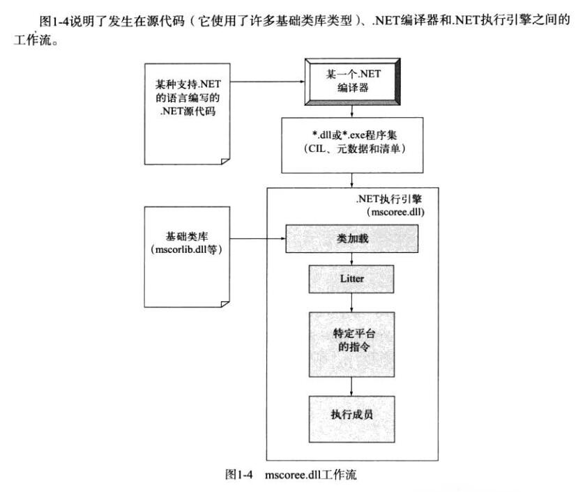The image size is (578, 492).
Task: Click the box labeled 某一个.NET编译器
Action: pyautogui.click(x=351, y=82)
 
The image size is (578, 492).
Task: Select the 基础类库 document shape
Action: pyautogui.click(x=185, y=254)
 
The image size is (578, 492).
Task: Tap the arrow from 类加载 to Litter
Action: pyautogui.click(x=352, y=259)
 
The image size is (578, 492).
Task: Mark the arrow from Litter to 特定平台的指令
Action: pyautogui.click(x=352, y=300)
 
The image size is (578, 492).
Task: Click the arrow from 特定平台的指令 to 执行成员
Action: pyautogui.click(x=352, y=385)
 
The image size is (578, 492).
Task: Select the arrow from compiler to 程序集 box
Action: pyautogui.click(x=352, y=109)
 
